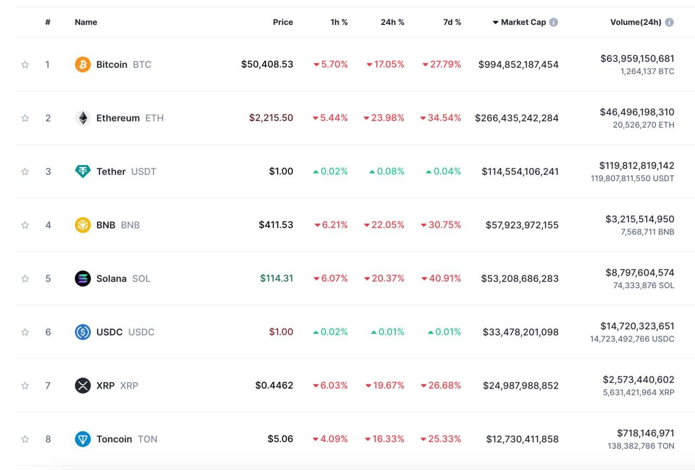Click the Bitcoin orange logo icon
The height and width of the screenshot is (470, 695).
(83, 65)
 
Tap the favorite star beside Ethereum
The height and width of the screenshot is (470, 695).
(25, 118)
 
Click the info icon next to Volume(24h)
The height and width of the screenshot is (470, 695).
(669, 22)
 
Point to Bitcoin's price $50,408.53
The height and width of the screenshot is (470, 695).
(267, 65)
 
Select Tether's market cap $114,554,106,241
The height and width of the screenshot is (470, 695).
(520, 172)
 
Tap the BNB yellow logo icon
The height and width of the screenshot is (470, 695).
(83, 225)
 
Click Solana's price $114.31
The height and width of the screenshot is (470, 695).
(276, 278)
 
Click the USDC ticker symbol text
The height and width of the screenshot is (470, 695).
(141, 332)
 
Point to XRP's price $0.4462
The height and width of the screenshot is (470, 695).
(274, 386)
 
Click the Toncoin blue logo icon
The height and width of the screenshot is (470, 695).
(83, 439)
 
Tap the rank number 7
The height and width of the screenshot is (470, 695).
(48, 386)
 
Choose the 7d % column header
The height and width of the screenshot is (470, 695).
(452, 22)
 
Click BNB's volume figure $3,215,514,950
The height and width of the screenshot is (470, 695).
(640, 219)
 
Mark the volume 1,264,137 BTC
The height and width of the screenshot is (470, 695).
(647, 71)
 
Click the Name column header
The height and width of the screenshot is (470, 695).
(86, 22)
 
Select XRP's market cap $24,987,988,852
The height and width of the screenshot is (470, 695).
(521, 386)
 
